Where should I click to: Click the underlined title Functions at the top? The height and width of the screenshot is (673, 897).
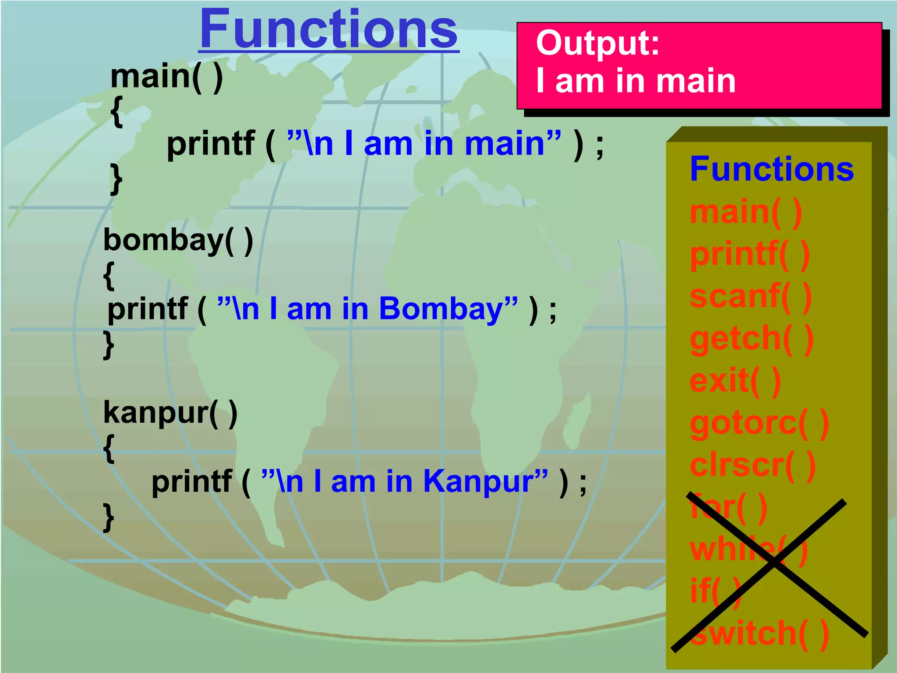328,30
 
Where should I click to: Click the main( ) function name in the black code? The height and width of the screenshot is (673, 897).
167,77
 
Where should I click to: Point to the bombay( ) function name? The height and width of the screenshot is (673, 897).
178,241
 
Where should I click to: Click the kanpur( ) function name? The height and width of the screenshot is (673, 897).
170,413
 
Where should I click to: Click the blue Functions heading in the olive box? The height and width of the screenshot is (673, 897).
772,169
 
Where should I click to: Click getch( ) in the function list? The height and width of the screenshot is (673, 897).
752,339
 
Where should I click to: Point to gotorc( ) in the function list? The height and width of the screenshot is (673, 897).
759,423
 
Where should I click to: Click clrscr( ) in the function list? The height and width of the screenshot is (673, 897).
752,465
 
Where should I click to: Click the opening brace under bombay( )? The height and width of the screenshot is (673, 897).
109,276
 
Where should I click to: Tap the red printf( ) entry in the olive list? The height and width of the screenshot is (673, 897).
749,255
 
